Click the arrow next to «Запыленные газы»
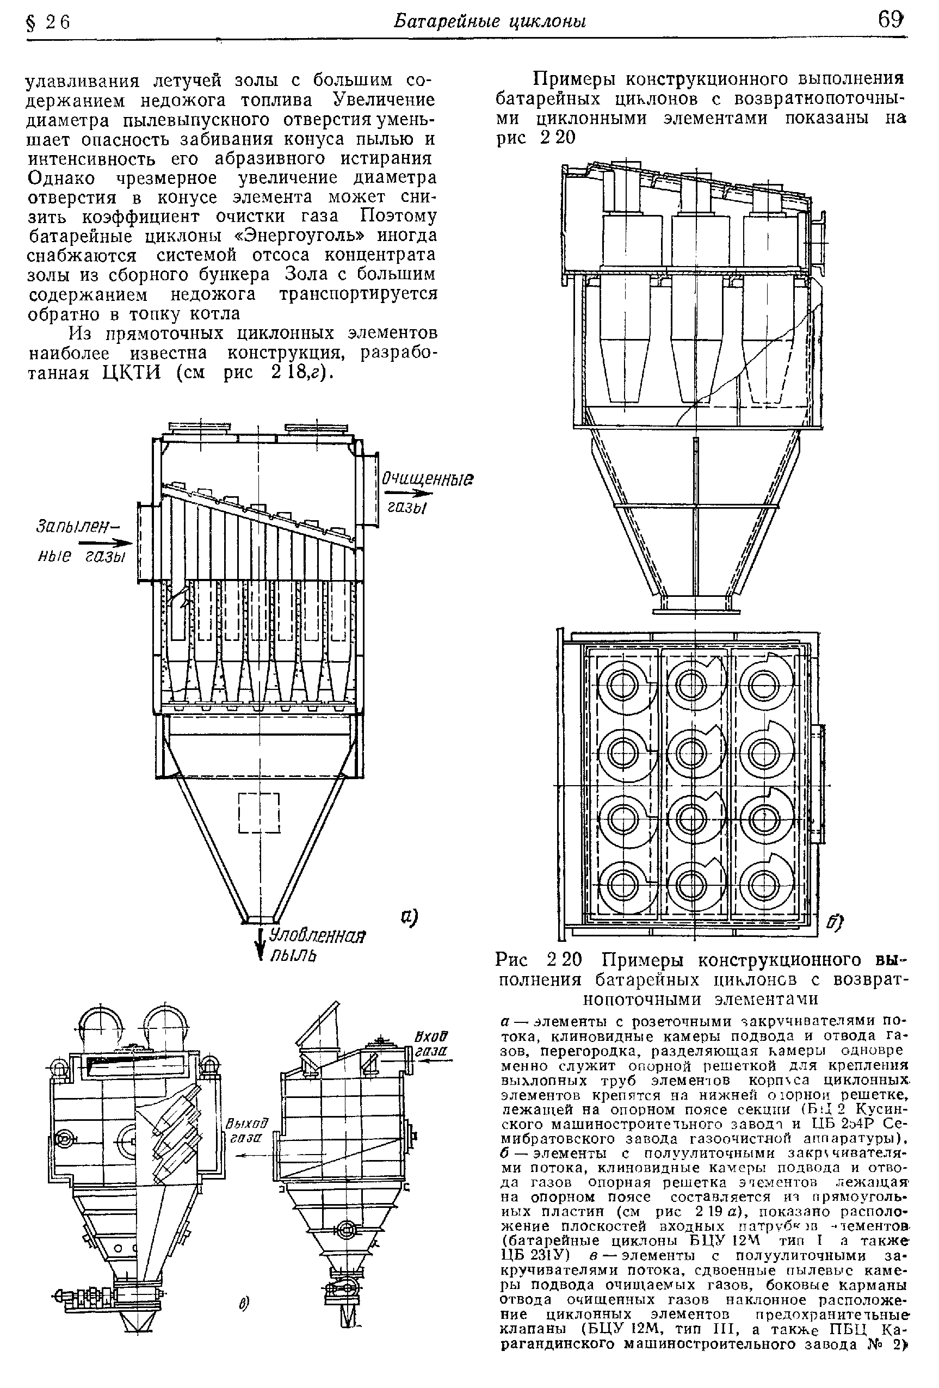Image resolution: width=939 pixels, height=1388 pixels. pos(116,543)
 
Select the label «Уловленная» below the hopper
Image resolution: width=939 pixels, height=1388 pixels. pos(317,936)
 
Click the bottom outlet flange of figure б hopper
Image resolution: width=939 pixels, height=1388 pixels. pos(696,610)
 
